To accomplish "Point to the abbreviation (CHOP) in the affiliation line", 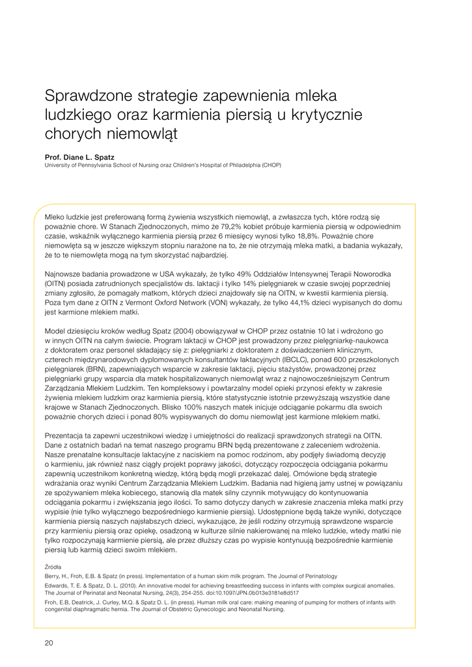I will tap(271, 165).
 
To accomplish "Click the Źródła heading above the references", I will tap(53, 567).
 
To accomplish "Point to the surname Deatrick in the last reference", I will tap(84, 602).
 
